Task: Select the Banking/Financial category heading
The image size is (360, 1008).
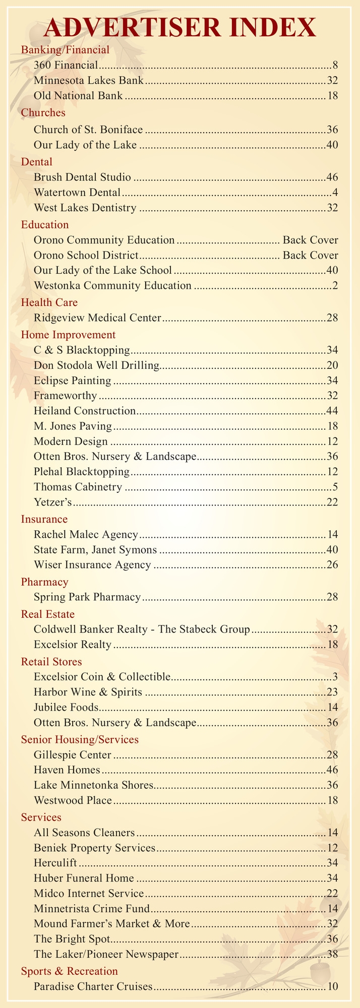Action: [65, 49]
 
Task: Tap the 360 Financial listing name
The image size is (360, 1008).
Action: [67, 65]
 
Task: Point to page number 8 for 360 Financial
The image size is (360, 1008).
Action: [335, 65]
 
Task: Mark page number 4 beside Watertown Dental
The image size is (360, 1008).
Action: [335, 192]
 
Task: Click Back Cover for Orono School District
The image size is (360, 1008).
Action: [311, 255]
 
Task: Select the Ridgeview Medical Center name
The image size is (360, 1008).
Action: [98, 318]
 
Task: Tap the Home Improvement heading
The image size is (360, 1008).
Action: [68, 334]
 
